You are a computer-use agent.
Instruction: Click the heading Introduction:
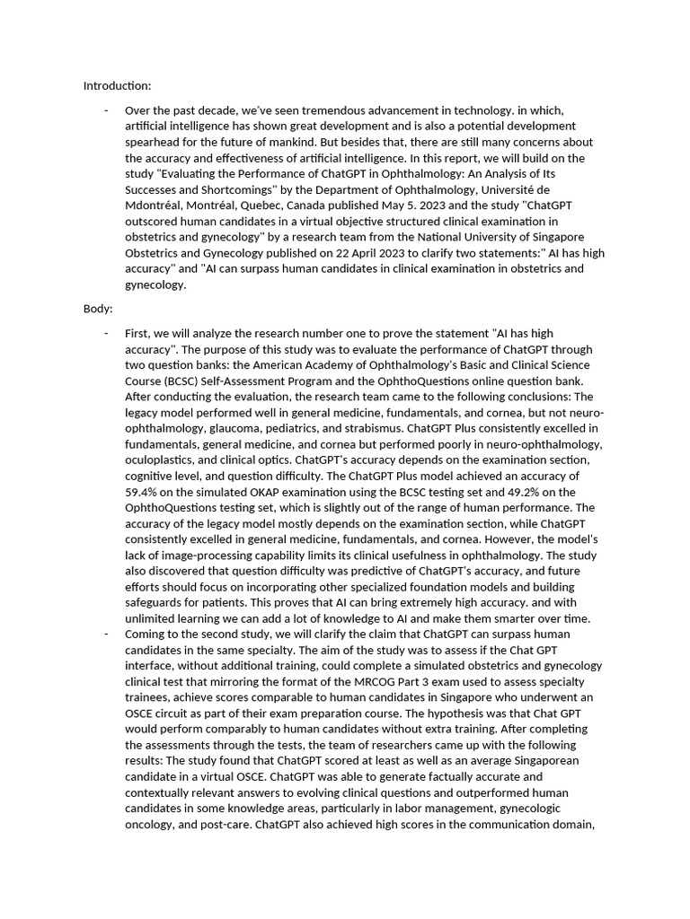tap(118, 86)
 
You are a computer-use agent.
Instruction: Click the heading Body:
tap(97, 309)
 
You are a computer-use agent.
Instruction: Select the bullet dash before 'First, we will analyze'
tap(106, 333)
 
